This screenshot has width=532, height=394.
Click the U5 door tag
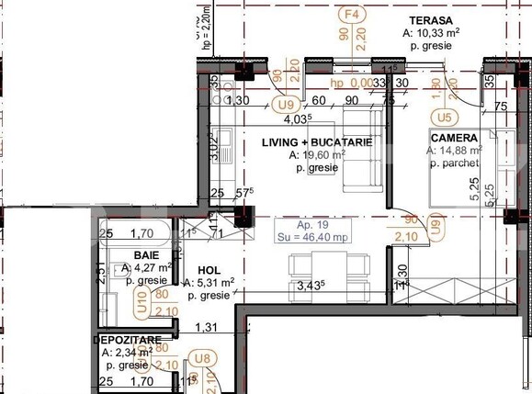[445, 118]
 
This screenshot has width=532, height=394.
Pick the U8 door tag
[198, 359]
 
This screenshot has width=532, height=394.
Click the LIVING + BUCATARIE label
[316, 142]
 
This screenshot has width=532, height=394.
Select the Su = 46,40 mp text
[311, 236]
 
